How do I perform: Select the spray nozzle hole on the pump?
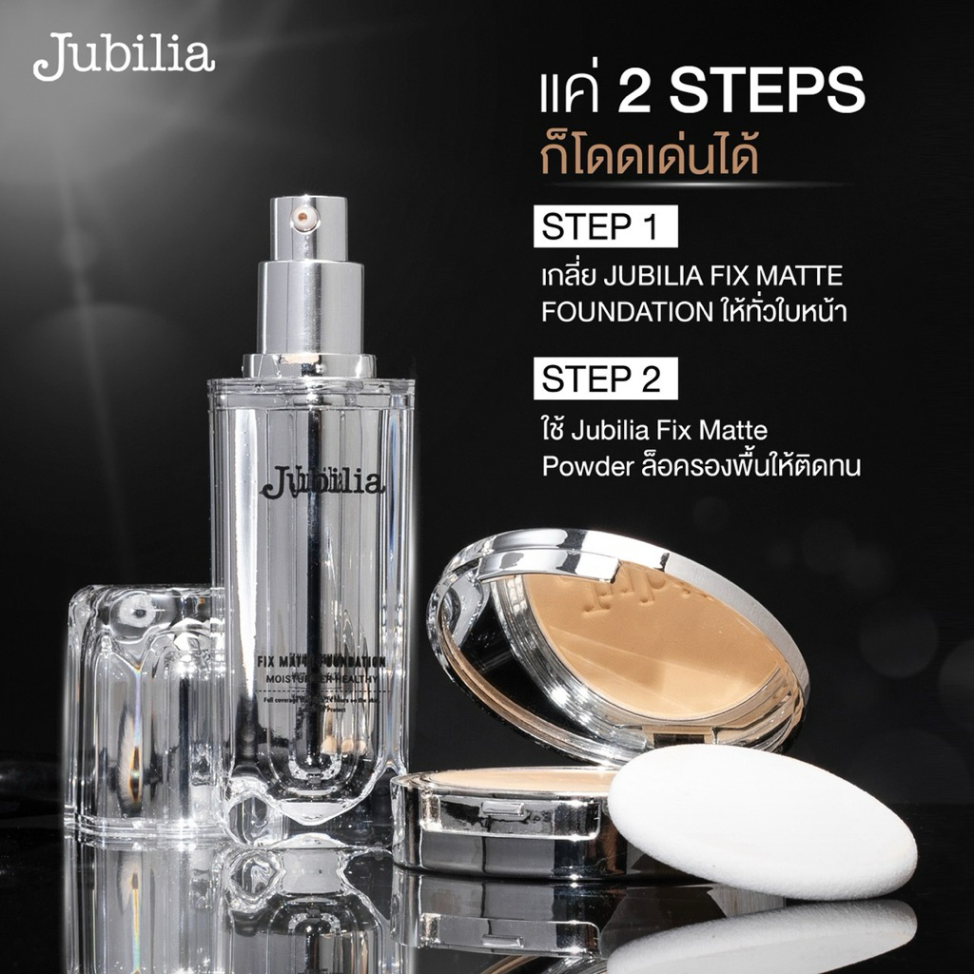(302, 218)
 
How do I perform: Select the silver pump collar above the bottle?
(309, 314)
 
